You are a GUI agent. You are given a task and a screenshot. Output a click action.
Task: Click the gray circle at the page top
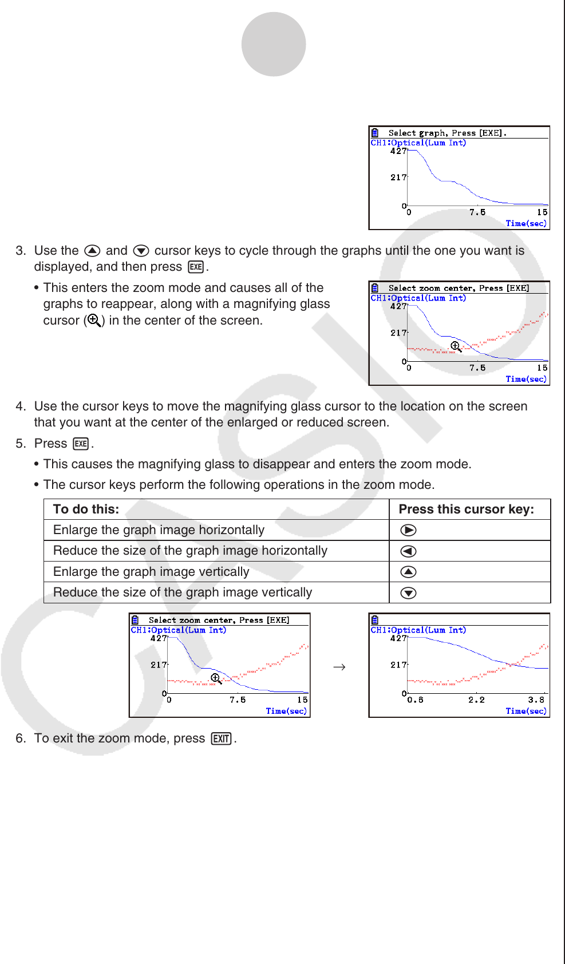coord(274,44)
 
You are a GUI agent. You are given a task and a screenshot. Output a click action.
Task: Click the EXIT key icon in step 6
coord(221,739)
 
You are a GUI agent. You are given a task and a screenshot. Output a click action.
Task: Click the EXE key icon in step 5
coord(81,444)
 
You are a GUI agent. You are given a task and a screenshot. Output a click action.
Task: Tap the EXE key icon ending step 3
coord(196,267)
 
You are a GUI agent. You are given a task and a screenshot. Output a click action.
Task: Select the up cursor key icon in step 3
coord(92,251)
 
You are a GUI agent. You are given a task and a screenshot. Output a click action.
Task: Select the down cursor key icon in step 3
coord(141,251)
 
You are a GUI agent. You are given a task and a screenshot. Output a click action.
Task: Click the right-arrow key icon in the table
coord(408,530)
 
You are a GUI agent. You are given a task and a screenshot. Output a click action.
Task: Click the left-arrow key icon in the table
coord(408,551)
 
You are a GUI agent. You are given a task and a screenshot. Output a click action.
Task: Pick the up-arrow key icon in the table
coord(408,572)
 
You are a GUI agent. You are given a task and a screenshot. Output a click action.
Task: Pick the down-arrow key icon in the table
coord(408,593)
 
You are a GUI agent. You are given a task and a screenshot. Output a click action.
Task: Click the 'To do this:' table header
coord(86,509)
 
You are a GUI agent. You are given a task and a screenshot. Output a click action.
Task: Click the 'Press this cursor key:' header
coord(466,509)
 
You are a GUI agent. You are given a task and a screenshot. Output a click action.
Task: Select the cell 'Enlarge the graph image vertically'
coord(151,572)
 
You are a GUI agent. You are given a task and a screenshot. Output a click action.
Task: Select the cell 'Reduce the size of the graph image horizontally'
coord(190,551)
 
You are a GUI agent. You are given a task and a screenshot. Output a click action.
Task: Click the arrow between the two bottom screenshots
coord(339,667)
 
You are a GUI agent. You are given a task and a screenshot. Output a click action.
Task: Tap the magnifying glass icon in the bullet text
coord(94,321)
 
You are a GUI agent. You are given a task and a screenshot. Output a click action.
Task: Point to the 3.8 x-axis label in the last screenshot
coord(536,700)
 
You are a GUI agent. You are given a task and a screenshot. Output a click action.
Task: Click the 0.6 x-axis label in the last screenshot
coord(415,700)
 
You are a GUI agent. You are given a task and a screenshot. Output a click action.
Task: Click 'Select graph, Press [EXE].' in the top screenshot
coord(447,133)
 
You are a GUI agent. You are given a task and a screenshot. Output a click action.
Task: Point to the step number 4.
coord(21,406)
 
